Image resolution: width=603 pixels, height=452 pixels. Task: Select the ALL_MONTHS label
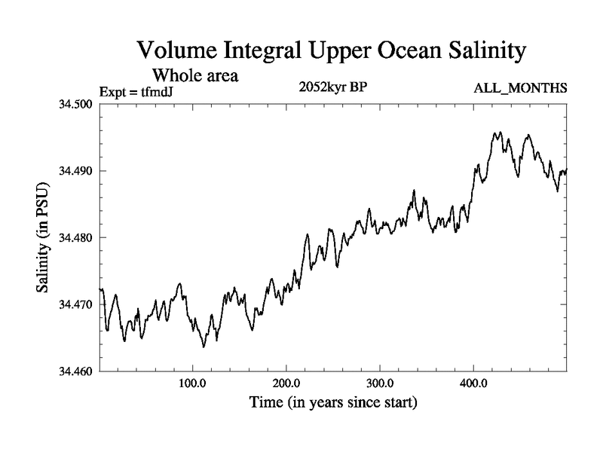pos(520,89)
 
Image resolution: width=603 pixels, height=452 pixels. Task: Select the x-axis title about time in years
pos(333,403)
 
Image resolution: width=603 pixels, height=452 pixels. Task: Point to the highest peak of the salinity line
pos(496,133)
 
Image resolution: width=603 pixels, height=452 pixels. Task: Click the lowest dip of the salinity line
pos(204,347)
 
